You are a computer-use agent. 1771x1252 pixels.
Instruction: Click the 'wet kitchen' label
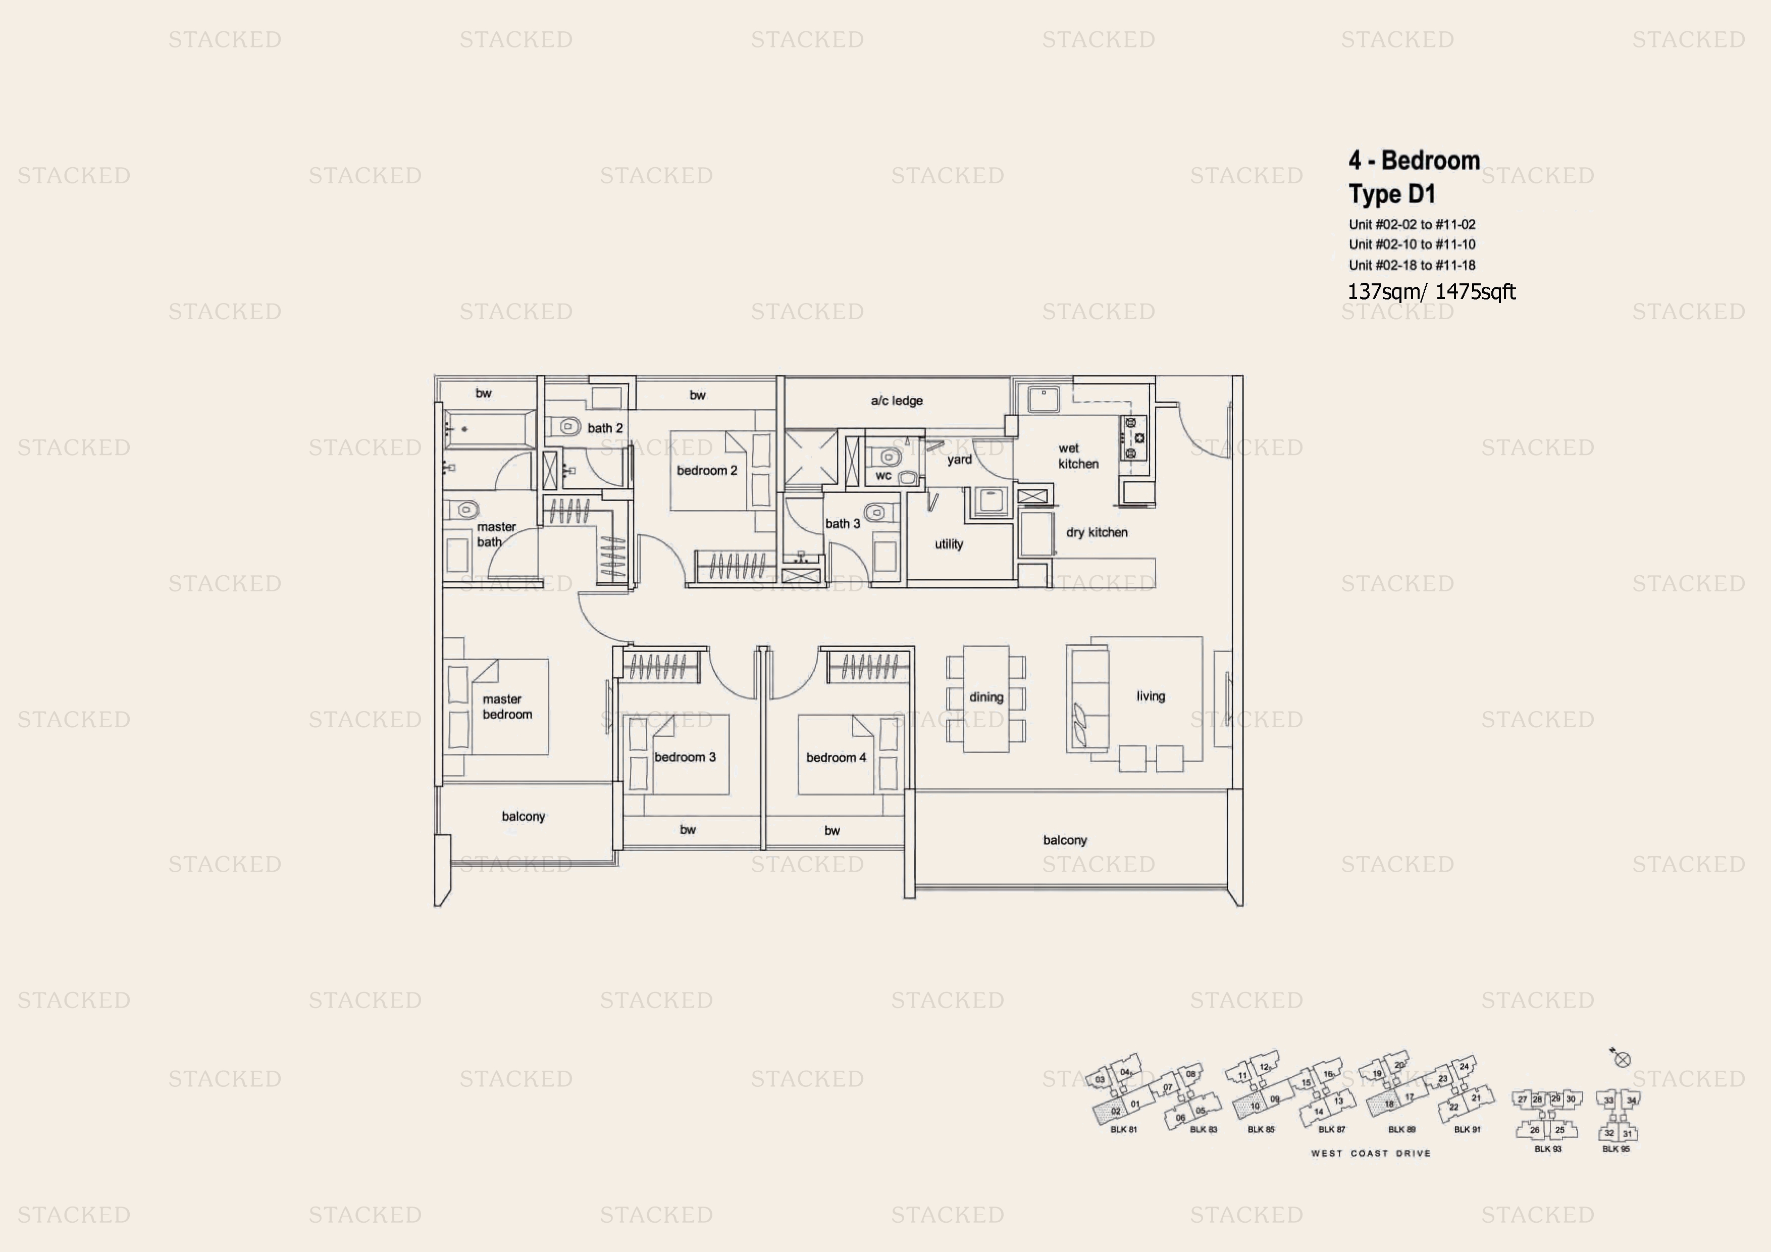point(1077,456)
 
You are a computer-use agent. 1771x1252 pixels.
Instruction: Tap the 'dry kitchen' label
point(1096,532)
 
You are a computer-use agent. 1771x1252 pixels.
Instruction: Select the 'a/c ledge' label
point(896,400)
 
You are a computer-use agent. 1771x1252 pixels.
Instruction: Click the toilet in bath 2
point(569,426)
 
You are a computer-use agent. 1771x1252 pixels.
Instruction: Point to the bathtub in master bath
point(489,429)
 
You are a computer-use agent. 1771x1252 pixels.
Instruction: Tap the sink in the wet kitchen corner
point(1043,399)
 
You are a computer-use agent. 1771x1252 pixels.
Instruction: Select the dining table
point(986,698)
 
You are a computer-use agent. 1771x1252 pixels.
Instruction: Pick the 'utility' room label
point(949,544)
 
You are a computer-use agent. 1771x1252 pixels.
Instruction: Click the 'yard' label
point(960,460)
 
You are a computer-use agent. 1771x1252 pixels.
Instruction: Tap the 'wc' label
point(883,475)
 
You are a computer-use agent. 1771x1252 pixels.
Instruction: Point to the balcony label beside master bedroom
point(523,816)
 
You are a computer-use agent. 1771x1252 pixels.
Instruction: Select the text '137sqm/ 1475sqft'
point(1431,291)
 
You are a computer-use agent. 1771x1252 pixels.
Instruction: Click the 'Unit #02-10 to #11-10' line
point(1412,244)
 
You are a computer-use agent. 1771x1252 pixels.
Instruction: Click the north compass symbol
point(1622,1059)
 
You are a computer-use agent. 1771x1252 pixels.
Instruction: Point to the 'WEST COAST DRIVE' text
point(1370,1153)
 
